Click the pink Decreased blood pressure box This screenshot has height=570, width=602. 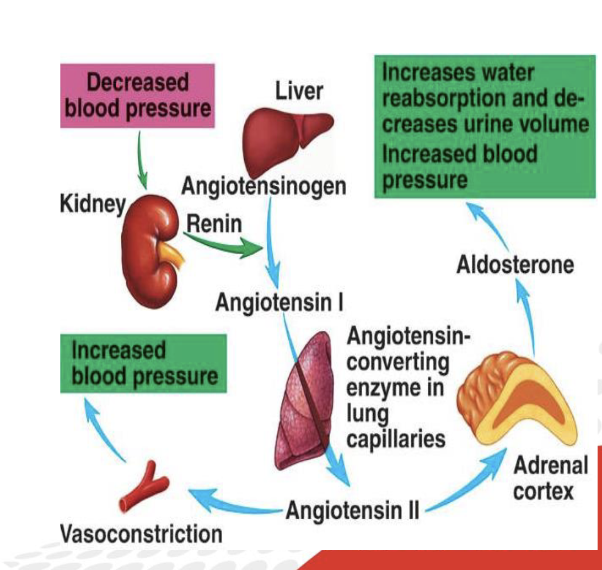137,95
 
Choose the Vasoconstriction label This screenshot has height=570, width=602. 141,534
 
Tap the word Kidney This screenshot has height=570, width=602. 93,205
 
